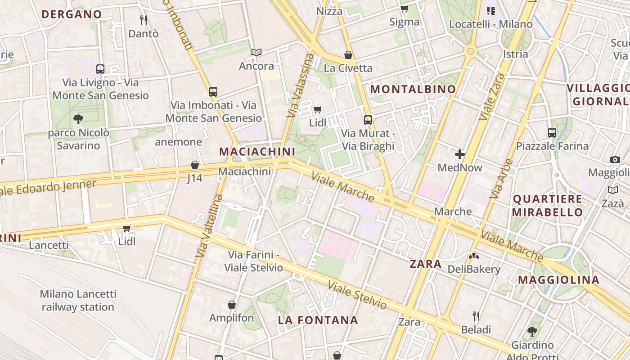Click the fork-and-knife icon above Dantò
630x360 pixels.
[144, 20]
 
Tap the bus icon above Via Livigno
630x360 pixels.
[100, 69]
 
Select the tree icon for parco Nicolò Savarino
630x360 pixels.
[78, 119]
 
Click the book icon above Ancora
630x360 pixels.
[256, 53]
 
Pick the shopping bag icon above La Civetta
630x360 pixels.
[348, 55]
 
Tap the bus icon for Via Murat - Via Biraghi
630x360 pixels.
[368, 120]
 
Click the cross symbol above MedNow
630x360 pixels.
[460, 155]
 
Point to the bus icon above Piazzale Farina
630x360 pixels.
[552, 133]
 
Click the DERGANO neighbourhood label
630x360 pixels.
[72, 14]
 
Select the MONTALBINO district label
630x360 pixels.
[413, 89]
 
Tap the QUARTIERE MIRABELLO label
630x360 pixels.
[548, 205]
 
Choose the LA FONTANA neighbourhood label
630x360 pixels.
[318, 320]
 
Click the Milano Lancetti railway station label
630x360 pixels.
[78, 301]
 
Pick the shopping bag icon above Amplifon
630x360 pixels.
[232, 305]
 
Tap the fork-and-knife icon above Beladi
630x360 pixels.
[476, 316]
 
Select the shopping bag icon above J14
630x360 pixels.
[195, 165]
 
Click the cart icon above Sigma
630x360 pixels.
[404, 9]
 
